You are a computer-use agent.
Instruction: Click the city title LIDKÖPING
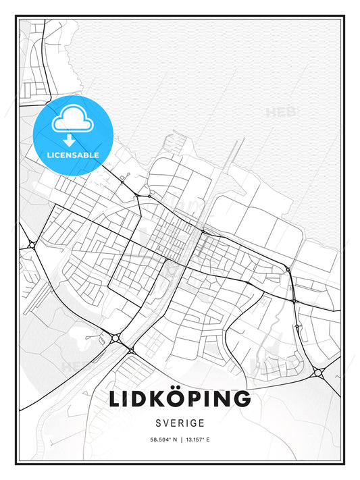point(180,399)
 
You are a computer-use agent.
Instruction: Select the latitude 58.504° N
point(155,439)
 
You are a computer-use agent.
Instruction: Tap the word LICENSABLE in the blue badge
point(73,155)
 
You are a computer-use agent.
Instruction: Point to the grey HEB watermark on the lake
point(282,112)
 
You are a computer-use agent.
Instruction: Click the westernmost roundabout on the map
point(31,245)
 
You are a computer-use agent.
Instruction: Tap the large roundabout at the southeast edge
point(317,372)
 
